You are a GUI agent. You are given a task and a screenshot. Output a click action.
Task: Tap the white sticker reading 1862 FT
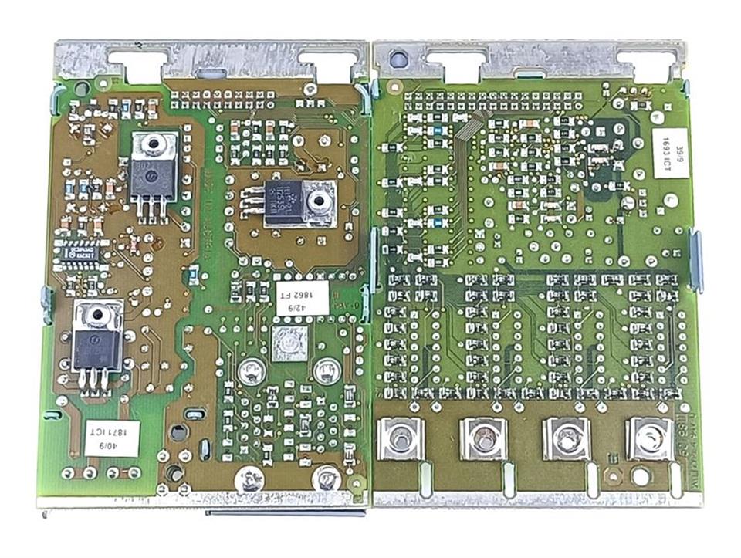pos(302,296)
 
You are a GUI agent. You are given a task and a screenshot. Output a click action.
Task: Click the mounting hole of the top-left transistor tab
pos(155,144)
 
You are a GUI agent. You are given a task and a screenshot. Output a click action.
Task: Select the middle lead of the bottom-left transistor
pos(96,379)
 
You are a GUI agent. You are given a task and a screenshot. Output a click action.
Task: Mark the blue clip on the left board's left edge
pos(46,304)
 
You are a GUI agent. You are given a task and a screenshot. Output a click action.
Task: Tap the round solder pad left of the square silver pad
pos(251,372)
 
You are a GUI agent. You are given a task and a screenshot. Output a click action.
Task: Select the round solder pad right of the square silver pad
pos(325,370)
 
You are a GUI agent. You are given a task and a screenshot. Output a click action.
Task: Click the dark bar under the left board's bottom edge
pos(286,511)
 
